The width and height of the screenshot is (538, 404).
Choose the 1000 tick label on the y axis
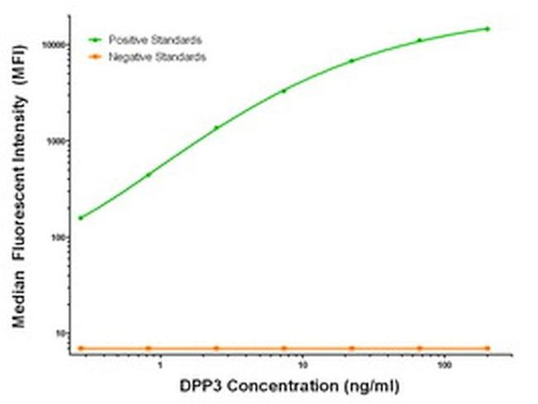pyautogui.click(x=57, y=140)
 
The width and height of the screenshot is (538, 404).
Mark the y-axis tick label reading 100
pyautogui.click(x=60, y=237)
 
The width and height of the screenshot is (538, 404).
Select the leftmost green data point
pyautogui.click(x=80, y=218)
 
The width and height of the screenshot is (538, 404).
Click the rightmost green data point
pyautogui.click(x=488, y=28)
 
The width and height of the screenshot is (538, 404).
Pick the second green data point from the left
pyautogui.click(x=148, y=174)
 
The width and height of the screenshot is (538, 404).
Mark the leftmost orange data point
pyautogui.click(x=80, y=348)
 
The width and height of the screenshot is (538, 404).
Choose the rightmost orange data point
pyautogui.click(x=488, y=348)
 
